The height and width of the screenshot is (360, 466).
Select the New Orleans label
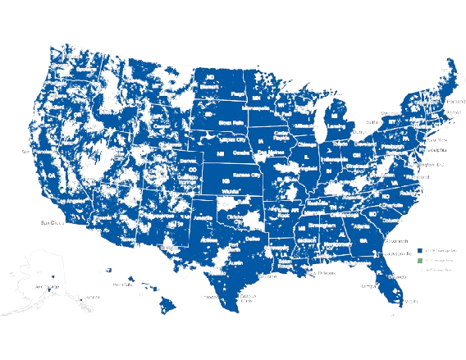click(307, 265)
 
